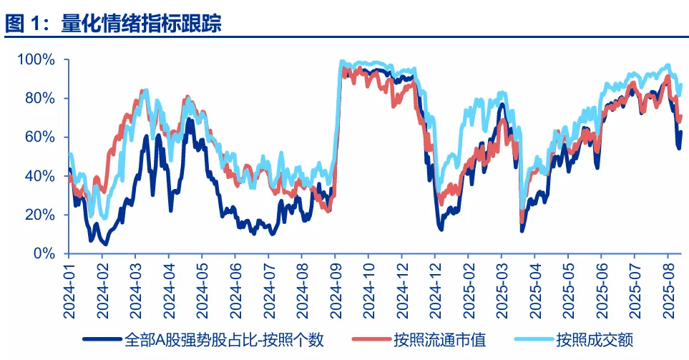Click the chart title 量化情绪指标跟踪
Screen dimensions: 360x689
point(141,24)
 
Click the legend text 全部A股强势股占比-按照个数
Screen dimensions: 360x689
point(222,339)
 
